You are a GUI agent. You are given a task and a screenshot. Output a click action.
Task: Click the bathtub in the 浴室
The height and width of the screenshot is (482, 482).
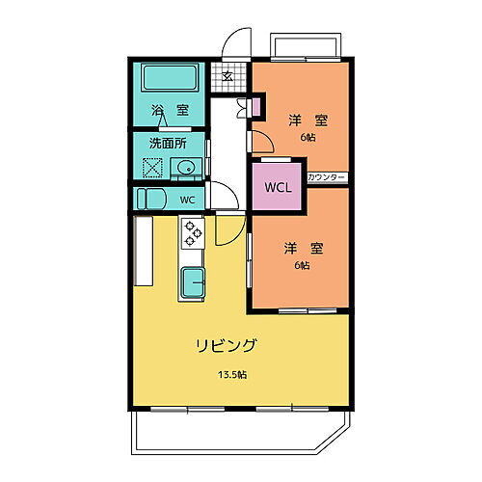coord(170,77)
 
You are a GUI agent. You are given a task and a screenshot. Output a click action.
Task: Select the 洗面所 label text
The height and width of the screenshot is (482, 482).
coord(167,143)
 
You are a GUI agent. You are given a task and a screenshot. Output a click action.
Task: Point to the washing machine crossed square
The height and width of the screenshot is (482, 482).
coord(151,169)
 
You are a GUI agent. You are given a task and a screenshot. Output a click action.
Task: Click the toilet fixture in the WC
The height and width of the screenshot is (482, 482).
coord(151,199)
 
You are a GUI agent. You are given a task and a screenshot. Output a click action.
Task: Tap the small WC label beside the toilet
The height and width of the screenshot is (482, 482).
coord(187,200)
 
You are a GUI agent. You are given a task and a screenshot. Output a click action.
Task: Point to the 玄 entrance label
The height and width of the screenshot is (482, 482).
coord(228,78)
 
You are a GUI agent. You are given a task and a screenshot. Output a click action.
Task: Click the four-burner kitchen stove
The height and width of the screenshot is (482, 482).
coord(193,232)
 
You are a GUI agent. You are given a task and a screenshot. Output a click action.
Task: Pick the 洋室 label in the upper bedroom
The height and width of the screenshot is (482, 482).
coord(308,120)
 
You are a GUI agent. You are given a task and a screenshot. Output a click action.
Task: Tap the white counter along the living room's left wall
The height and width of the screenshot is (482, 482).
coord(144,251)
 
